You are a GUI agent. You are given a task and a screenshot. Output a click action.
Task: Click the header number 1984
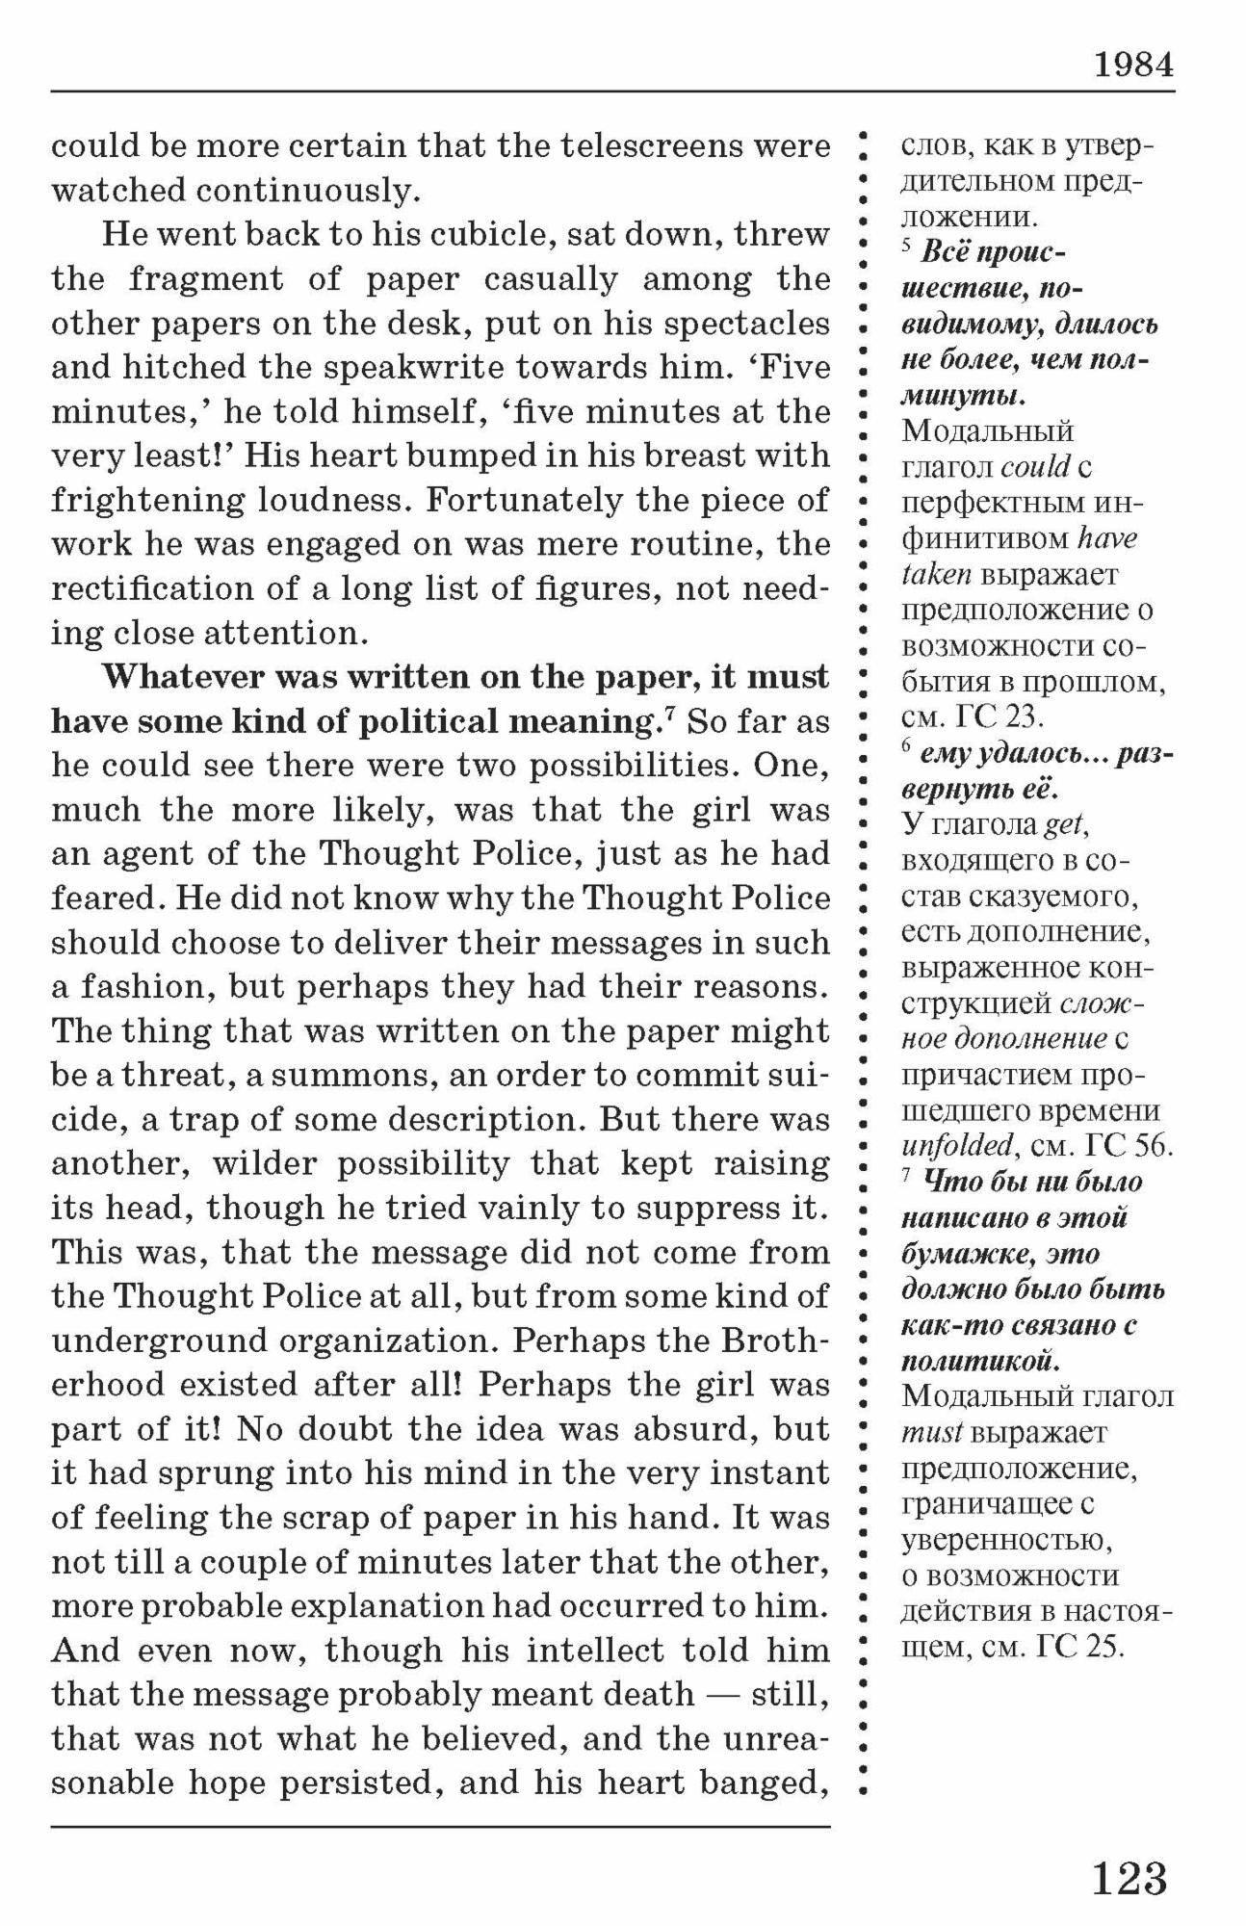point(1133,65)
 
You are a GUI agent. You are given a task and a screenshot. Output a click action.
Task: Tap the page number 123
point(1129,1877)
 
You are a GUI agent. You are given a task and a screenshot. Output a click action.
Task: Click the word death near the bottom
point(650,1695)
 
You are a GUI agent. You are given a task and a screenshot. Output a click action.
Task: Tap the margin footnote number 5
point(906,246)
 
